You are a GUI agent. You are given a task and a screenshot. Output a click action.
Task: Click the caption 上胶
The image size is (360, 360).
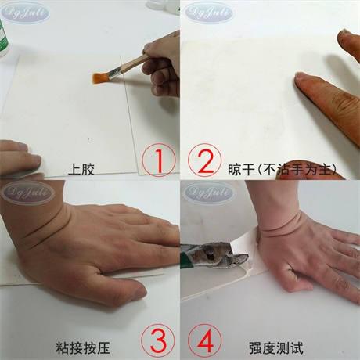coord(81,168)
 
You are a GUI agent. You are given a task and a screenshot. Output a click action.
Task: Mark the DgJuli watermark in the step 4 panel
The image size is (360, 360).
coord(210,192)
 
